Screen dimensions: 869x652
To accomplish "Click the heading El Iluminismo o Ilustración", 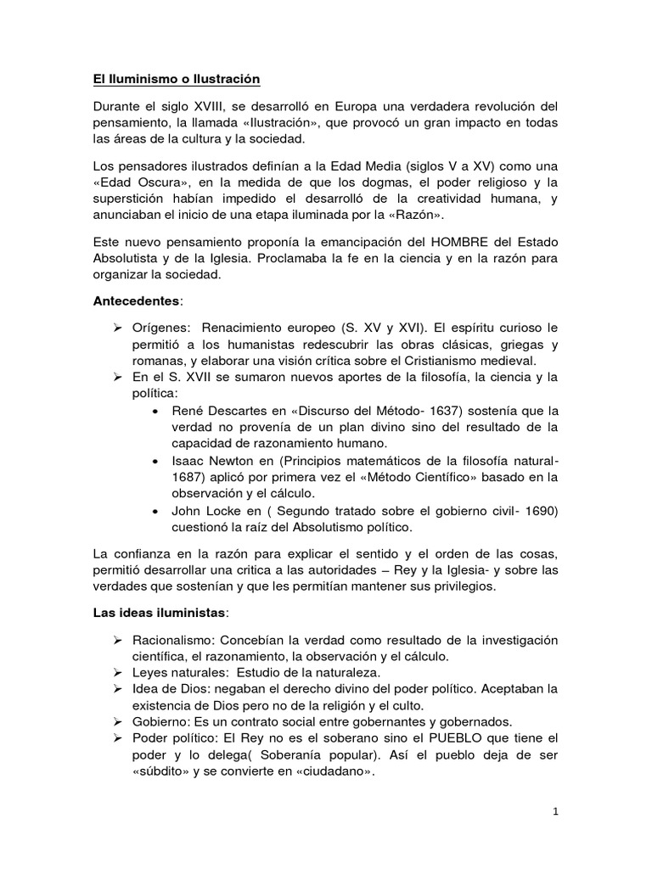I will coord(176,80).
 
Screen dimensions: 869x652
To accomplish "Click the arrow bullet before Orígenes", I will coord(119,328).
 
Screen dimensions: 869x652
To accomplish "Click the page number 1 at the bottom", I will coord(555,811).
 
